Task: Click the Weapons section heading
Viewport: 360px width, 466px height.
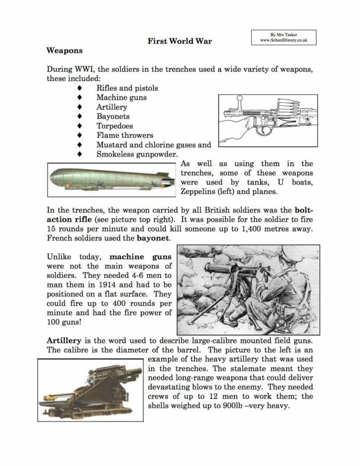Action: (64, 50)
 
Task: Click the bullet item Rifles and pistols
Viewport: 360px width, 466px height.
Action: (127, 88)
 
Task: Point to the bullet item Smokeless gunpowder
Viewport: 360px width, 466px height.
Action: (136, 154)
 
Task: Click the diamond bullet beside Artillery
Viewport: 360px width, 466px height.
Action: (79, 107)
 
